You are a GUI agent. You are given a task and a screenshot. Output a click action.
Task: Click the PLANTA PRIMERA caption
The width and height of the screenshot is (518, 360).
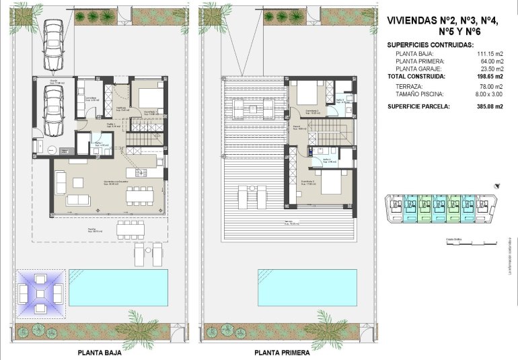tap(282, 352)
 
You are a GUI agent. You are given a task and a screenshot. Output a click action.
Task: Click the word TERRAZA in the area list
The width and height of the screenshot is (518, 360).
tap(410, 87)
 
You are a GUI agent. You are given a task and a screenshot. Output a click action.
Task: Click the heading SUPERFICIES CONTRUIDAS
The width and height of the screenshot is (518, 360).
tap(431, 44)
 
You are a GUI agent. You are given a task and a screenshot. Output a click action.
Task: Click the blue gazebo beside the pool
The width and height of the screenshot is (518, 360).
tap(41, 294)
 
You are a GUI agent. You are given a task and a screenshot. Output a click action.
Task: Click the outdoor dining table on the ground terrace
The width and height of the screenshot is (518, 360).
tap(130, 230)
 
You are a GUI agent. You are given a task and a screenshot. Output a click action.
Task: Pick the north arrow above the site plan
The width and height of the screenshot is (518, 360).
tap(496, 184)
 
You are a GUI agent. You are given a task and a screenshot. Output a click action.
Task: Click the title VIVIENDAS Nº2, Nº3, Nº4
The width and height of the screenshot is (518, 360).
tap(445, 20)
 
